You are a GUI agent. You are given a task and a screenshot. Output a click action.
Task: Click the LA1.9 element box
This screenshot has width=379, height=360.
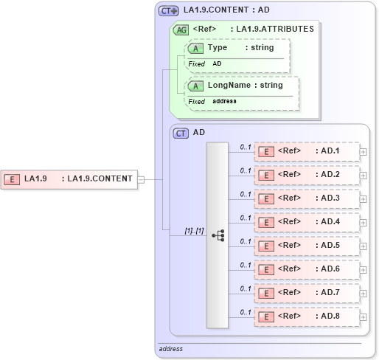click(x=69, y=179)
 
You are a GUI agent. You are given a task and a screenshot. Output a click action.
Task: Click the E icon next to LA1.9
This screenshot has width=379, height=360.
click(x=12, y=179)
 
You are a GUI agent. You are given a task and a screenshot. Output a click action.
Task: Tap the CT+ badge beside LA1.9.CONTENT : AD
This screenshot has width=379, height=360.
click(x=169, y=11)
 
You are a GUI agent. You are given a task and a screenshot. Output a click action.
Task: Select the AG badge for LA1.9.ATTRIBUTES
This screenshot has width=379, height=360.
click(x=181, y=30)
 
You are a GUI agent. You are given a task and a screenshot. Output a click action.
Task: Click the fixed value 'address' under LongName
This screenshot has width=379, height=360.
click(x=224, y=101)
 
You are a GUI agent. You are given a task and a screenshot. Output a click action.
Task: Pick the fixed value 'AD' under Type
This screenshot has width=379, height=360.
click(x=217, y=64)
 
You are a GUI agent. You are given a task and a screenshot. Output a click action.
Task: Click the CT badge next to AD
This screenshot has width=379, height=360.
click(x=181, y=134)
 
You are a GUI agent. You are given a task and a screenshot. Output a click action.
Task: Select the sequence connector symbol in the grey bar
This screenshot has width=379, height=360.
click(x=218, y=235)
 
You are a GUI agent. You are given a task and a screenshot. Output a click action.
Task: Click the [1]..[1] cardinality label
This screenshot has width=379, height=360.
click(x=194, y=231)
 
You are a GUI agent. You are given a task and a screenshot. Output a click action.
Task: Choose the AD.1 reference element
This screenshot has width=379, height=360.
click(x=306, y=152)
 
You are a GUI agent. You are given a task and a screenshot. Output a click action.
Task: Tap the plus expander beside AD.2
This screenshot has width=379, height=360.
click(x=364, y=176)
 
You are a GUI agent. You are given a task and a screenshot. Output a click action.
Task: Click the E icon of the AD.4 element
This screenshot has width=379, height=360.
click(x=268, y=223)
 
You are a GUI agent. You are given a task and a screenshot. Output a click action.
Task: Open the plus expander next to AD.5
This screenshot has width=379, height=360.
click(x=364, y=246)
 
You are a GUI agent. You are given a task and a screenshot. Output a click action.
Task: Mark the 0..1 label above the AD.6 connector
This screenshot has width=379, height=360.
click(x=246, y=265)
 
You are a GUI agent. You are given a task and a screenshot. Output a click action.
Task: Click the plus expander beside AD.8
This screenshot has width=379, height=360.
click(x=364, y=317)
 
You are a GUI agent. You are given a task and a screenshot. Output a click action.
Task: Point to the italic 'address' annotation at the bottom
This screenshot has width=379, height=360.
click(x=171, y=349)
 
